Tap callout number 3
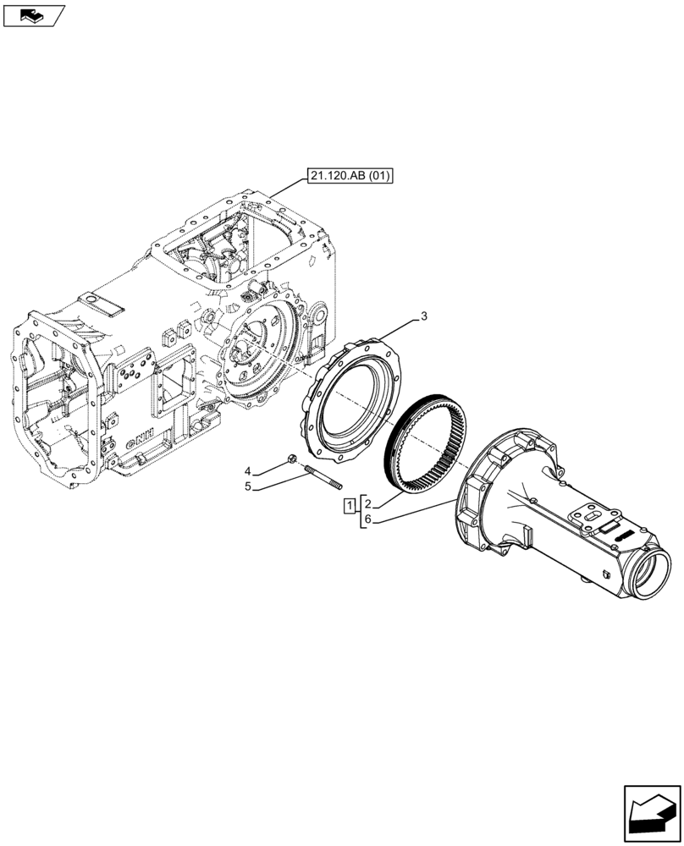click(423, 316)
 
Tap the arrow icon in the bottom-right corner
click(651, 814)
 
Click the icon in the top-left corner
click(33, 14)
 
